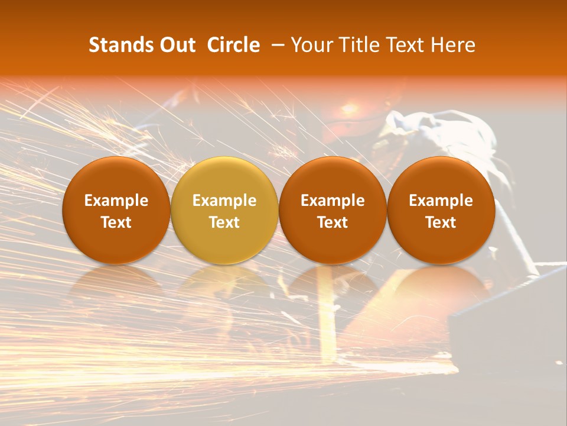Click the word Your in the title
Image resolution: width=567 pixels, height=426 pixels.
point(311,45)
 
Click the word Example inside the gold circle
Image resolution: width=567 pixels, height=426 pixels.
point(224,201)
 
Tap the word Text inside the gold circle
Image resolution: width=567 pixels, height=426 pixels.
point(224,222)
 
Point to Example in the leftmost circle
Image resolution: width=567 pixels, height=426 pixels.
point(116,201)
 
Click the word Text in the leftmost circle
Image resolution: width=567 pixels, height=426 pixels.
point(116,222)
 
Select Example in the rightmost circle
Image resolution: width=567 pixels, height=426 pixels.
point(441,201)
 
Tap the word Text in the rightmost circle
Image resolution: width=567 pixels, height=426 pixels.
point(441,222)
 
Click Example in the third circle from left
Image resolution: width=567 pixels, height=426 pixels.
point(333,201)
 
